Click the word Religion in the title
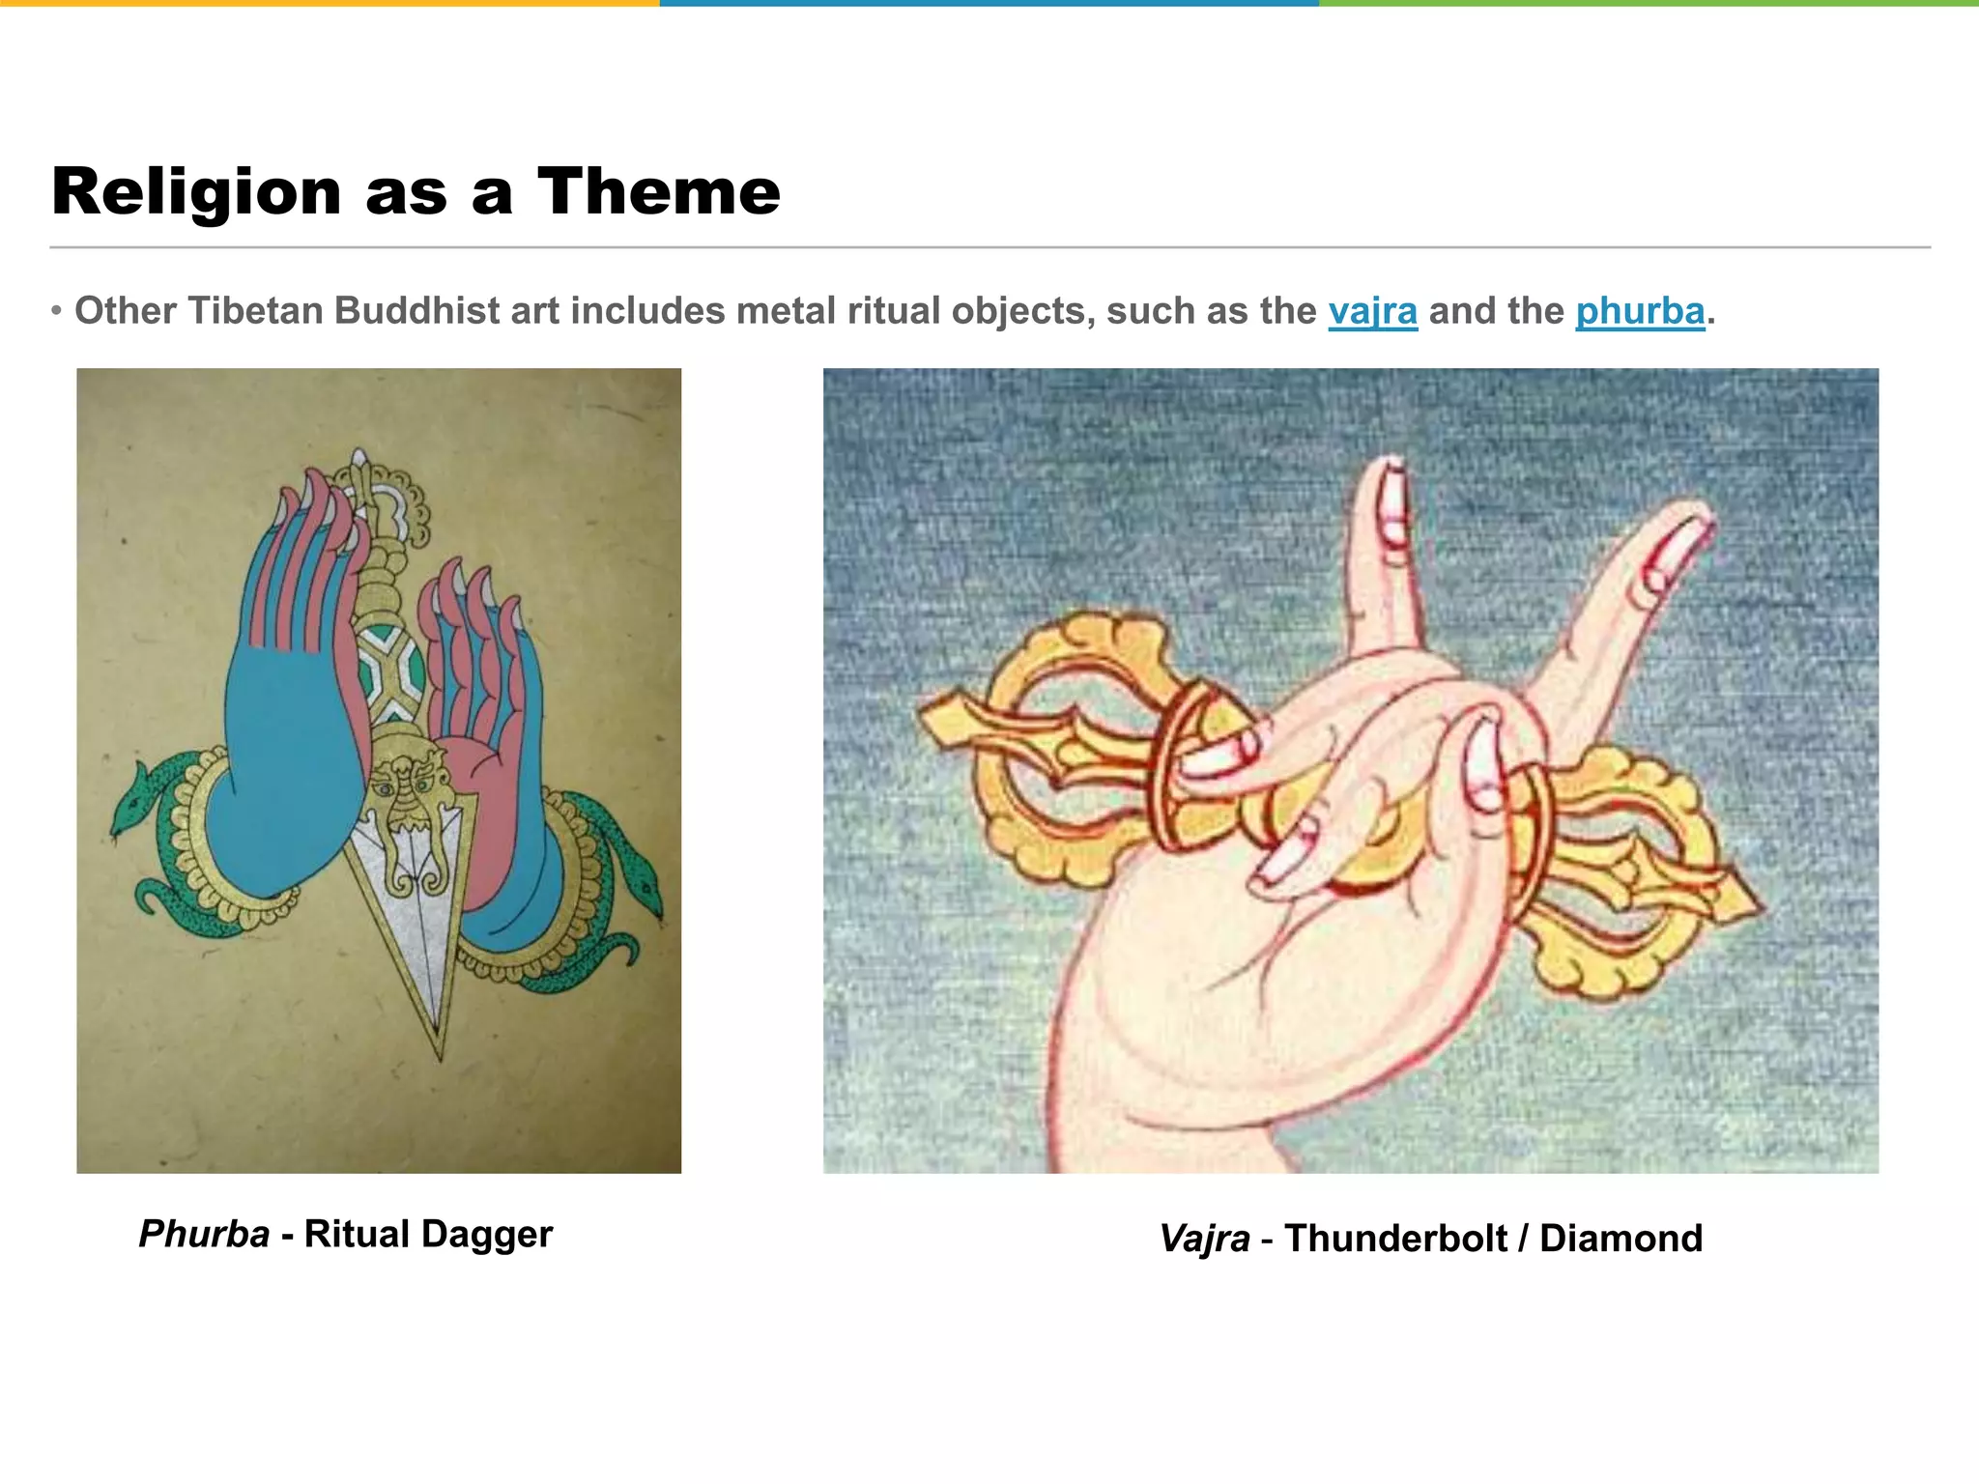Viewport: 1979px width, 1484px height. [196, 192]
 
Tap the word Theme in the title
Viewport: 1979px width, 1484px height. [658, 192]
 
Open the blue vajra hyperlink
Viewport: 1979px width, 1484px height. [1372, 311]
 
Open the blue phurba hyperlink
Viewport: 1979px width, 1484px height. [1640, 311]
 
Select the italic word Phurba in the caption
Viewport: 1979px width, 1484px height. [204, 1234]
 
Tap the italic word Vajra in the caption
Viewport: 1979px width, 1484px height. [1204, 1238]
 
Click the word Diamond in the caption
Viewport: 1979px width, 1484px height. [1620, 1238]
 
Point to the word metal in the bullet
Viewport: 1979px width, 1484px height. [778, 311]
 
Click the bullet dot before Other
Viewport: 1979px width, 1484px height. [57, 311]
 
